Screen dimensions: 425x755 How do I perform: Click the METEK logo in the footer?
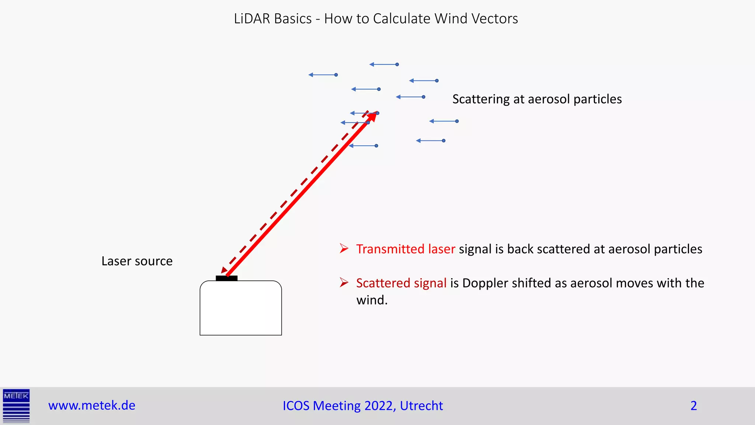point(16,405)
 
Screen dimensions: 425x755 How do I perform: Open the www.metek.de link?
point(92,405)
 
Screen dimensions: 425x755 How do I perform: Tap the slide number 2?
point(693,405)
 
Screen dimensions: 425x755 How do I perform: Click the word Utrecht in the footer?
point(421,405)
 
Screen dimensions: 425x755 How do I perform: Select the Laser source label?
point(137,261)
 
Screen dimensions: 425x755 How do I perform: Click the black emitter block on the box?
point(226,278)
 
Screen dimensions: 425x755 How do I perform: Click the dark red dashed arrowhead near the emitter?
point(223,270)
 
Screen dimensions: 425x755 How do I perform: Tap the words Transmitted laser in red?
point(406,249)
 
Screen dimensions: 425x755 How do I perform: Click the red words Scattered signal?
point(401,283)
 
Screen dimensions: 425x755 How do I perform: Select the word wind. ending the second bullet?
point(372,300)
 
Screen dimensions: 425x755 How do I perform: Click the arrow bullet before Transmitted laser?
point(344,248)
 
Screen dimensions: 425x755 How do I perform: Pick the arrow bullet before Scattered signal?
point(344,283)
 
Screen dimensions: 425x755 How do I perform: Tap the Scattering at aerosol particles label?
point(537,99)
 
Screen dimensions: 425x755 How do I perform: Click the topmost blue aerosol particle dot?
point(397,64)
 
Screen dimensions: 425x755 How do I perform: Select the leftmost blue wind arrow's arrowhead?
point(311,75)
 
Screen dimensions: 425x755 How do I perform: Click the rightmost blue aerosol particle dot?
point(457,121)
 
